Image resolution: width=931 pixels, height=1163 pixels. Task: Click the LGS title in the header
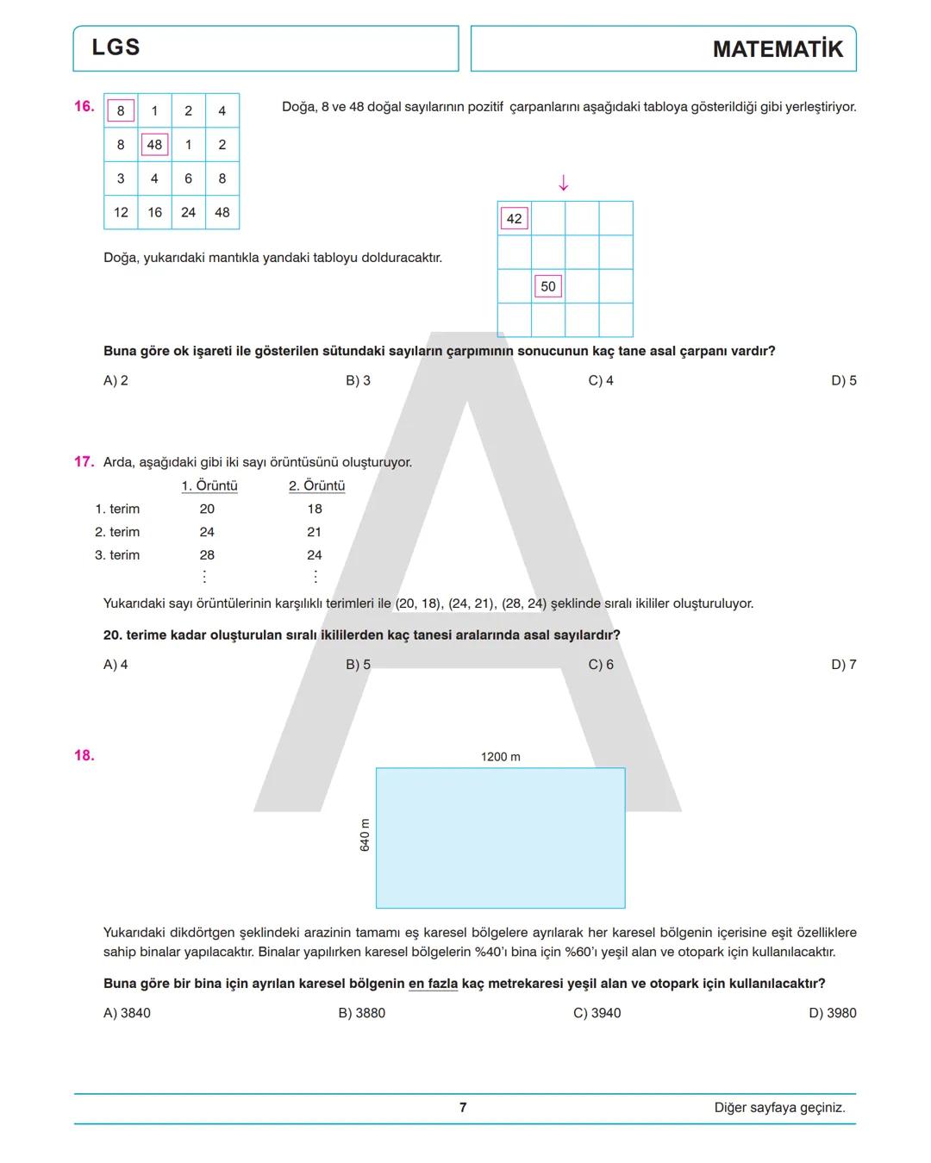click(116, 47)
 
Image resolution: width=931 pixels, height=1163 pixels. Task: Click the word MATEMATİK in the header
click(778, 49)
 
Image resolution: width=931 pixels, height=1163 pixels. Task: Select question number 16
click(84, 106)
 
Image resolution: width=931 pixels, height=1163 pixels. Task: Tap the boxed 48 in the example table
click(154, 145)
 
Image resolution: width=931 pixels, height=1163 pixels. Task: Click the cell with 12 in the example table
click(121, 212)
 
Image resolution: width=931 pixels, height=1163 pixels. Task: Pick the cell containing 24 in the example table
click(188, 212)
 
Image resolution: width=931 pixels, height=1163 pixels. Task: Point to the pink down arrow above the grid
click(564, 183)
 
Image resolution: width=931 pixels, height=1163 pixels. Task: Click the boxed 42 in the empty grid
click(515, 219)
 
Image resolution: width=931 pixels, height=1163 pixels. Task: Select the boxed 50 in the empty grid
click(548, 286)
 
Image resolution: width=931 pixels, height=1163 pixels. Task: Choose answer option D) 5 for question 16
click(843, 380)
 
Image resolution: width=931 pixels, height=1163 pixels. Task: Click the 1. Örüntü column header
click(209, 485)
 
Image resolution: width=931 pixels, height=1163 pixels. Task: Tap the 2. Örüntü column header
click(316, 485)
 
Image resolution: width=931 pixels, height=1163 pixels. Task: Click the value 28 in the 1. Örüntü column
click(207, 555)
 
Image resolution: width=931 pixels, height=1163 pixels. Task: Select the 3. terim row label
click(117, 555)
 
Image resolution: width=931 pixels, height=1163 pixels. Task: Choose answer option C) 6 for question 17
click(601, 665)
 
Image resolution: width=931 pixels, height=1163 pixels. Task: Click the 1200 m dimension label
click(500, 757)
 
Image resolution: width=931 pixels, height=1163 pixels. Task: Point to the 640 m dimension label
click(365, 835)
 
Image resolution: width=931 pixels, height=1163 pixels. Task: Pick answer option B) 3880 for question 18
click(361, 1013)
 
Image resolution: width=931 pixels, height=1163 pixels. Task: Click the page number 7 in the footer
click(463, 1108)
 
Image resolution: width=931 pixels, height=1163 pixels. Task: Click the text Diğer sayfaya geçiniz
click(779, 1108)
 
